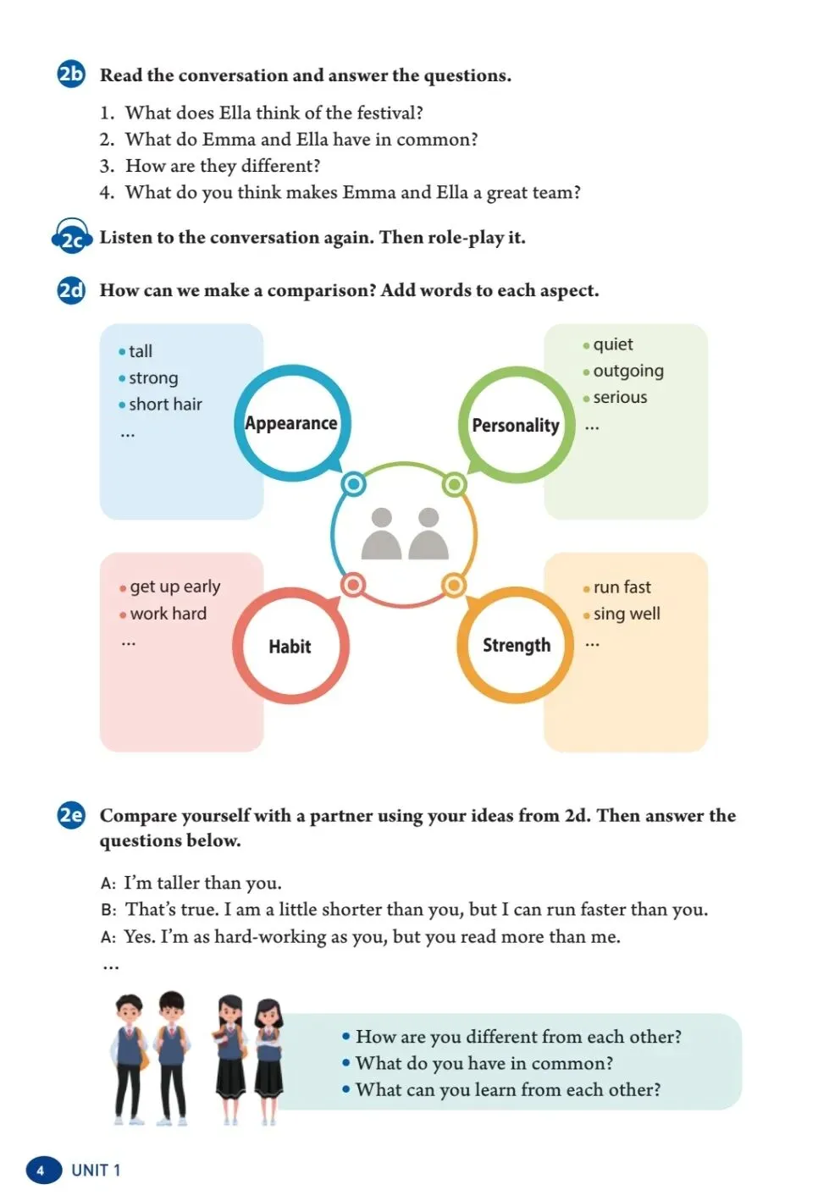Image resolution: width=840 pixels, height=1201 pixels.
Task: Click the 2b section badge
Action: [x=71, y=74]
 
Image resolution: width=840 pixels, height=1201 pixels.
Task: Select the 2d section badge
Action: [x=71, y=290]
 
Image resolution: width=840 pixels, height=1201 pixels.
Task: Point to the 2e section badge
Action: [x=71, y=815]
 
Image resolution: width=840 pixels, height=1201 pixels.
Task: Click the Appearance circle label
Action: [x=291, y=423]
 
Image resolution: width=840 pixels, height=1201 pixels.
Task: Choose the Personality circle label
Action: [x=516, y=425]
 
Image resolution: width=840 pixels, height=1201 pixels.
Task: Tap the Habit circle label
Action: [x=290, y=647]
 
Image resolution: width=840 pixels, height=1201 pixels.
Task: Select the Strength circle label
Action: [x=516, y=645]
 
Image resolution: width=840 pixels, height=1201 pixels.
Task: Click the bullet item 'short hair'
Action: [x=165, y=405]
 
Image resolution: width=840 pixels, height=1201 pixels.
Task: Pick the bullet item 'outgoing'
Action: [x=628, y=371]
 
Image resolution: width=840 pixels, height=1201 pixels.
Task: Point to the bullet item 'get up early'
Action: [x=174, y=587]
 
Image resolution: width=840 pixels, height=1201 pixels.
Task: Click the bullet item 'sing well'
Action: [x=627, y=614]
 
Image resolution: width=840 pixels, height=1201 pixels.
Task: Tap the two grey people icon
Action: [x=405, y=534]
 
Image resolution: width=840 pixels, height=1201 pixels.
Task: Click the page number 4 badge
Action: [x=41, y=1171]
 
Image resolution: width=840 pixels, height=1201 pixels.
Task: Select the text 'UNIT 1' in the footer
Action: [x=96, y=1171]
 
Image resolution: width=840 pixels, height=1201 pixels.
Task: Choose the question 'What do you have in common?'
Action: [x=484, y=1063]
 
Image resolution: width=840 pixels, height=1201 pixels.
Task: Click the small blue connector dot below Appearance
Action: [x=354, y=484]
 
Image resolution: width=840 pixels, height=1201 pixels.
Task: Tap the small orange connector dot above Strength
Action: [x=454, y=585]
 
